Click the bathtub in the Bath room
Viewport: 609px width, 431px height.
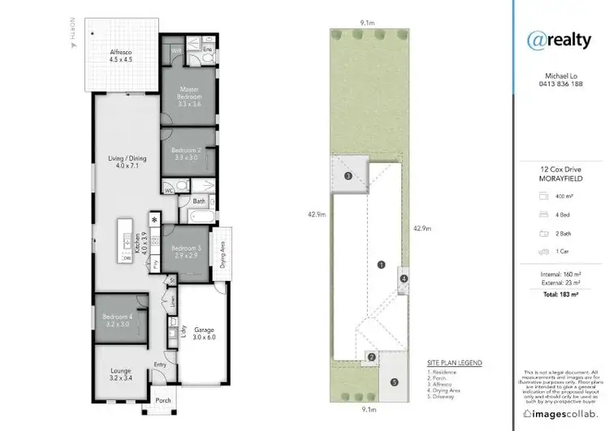coord(200,217)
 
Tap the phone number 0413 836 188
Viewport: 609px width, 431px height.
coord(559,84)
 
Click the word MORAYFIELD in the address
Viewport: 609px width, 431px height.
coord(559,178)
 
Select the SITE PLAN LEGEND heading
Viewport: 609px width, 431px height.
coord(454,362)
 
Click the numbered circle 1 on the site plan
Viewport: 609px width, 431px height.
coord(379,264)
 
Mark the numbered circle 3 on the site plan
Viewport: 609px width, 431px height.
coord(348,176)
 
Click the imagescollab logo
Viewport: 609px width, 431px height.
coord(559,413)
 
